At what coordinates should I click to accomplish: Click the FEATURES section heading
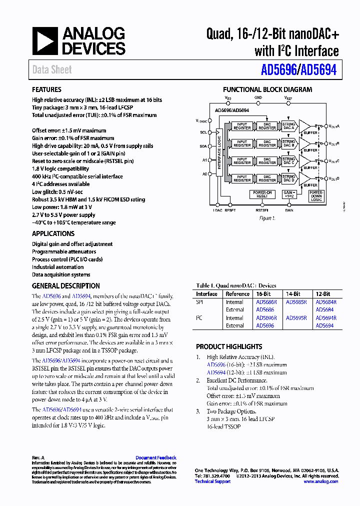click(46, 89)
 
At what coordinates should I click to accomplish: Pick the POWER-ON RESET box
click(262, 194)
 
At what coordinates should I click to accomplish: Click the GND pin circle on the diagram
click(258, 103)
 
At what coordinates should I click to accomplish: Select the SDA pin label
click(203, 146)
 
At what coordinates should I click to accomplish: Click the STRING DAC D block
click(288, 178)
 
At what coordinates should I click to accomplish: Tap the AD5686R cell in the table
click(266, 302)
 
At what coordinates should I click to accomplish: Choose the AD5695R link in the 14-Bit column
click(296, 318)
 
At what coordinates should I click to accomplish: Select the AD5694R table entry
click(326, 318)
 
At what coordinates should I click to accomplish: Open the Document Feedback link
click(155, 457)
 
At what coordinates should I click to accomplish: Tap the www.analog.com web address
click(320, 481)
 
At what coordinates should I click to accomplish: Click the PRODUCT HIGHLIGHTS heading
click(229, 346)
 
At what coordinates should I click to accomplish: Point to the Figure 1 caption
click(267, 218)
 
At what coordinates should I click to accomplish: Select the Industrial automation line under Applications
click(58, 267)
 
